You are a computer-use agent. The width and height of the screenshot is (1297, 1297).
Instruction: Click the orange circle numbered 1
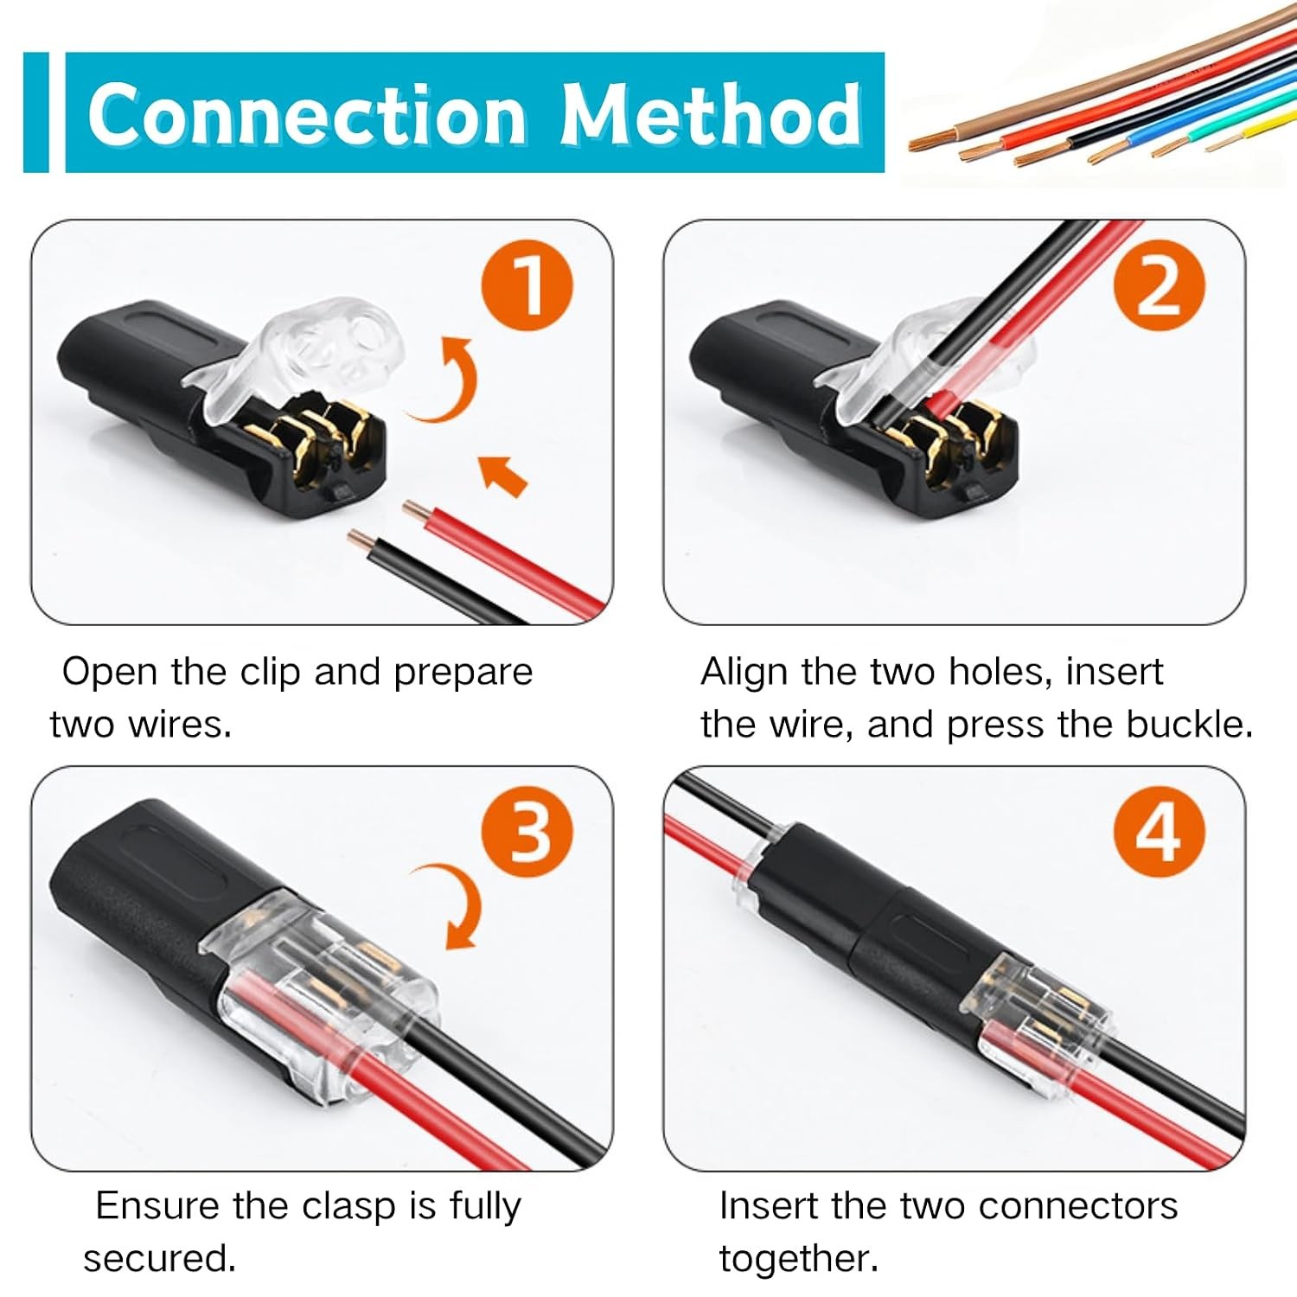point(527,285)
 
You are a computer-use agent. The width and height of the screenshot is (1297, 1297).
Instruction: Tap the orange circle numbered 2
point(1159,285)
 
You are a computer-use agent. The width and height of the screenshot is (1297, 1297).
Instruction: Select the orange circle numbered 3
point(527,832)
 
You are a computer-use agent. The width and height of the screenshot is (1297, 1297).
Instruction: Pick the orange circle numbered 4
point(1159,832)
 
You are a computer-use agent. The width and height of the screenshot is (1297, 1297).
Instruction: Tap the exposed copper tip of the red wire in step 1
point(415,510)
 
